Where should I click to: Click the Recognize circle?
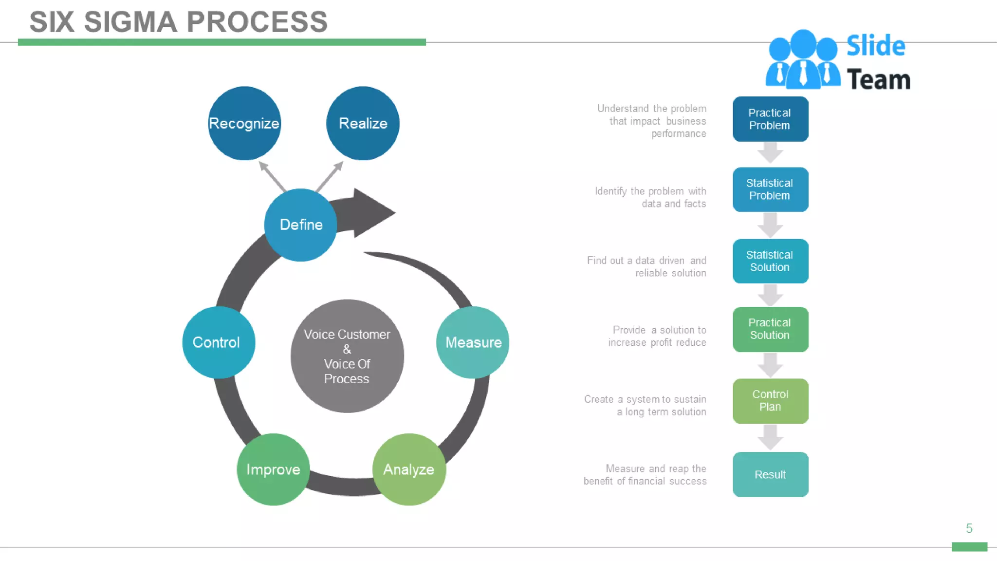click(x=244, y=123)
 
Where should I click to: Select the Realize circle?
click(x=363, y=123)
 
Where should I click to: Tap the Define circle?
click(x=301, y=224)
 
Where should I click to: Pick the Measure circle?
click(x=473, y=342)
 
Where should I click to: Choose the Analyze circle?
click(x=409, y=469)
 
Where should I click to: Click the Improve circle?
click(x=273, y=469)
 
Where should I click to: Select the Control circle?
click(x=219, y=342)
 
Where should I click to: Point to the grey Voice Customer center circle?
click(x=347, y=356)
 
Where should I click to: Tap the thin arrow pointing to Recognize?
click(x=273, y=177)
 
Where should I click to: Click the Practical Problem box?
click(x=770, y=119)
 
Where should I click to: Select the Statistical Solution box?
click(x=770, y=261)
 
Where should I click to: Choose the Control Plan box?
click(x=770, y=401)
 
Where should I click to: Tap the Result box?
click(x=770, y=474)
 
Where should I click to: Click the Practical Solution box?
click(x=770, y=329)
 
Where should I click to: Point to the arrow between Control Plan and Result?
click(x=770, y=437)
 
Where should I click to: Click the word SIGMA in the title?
click(x=130, y=22)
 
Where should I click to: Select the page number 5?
click(x=969, y=528)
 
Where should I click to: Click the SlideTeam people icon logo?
click(x=802, y=61)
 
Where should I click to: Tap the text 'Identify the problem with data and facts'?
click(x=650, y=197)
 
